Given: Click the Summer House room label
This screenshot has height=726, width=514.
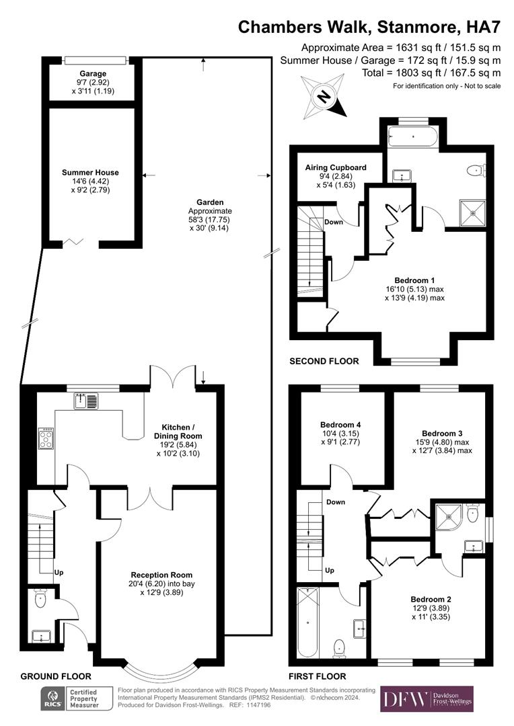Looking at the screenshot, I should point(90,173).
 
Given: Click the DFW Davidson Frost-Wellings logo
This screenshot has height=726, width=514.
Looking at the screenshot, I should point(427,699).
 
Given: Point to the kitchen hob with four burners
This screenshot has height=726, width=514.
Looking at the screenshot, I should point(46,438).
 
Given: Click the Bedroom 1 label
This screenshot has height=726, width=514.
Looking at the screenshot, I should point(414,280).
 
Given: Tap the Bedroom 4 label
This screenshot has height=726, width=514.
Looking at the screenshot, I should point(340,425).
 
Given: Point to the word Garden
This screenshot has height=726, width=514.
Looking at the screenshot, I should point(210,202).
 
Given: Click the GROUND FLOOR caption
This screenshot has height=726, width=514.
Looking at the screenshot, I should point(56,676).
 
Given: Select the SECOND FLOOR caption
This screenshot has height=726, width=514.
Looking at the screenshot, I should point(324,361).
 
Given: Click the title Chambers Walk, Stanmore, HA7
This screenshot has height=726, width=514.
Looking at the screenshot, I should point(370,28).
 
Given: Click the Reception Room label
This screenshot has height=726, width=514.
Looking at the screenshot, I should point(161,575).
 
